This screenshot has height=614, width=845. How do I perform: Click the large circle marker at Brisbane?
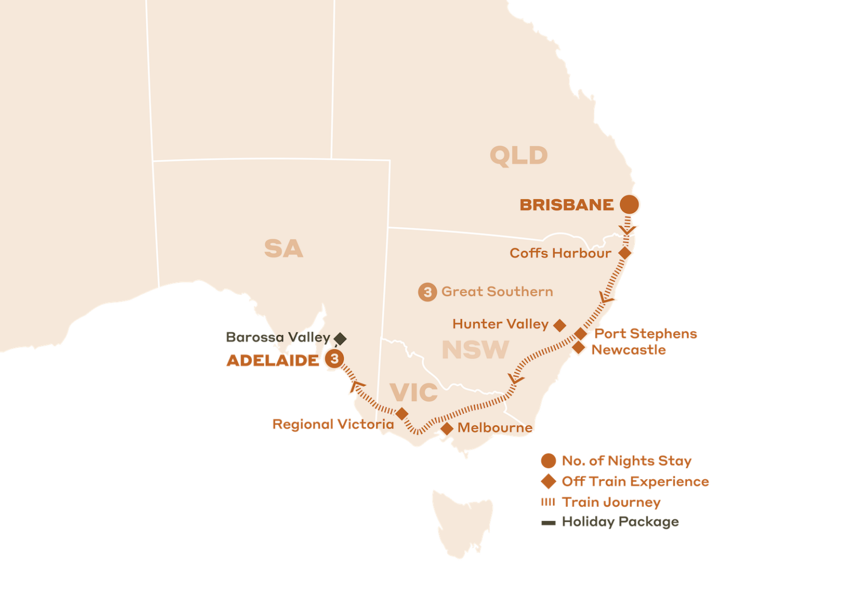(x=629, y=204)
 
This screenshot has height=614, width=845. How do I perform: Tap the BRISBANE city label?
(x=567, y=205)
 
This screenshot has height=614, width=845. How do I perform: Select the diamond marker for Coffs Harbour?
(x=625, y=253)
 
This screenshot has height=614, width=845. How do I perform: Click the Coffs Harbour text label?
(x=560, y=253)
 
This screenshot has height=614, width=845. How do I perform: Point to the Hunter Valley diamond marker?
(x=559, y=325)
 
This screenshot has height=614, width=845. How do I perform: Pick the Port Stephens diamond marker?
(x=580, y=334)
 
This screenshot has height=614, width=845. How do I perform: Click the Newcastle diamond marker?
(x=578, y=348)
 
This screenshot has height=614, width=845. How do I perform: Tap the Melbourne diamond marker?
(x=447, y=428)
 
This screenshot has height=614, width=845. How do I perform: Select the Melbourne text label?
(x=495, y=427)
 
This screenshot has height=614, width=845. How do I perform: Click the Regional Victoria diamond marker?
(x=402, y=414)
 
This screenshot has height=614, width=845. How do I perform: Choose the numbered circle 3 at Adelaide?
(x=334, y=359)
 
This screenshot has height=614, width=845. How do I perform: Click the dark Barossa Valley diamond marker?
(x=341, y=338)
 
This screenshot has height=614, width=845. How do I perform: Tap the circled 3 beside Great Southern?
(x=427, y=292)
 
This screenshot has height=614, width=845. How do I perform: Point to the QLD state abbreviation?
(x=518, y=156)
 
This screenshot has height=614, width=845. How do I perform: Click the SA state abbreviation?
(x=283, y=249)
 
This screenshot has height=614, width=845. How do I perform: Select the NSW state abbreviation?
(x=475, y=350)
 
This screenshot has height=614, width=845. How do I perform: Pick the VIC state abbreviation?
(x=414, y=392)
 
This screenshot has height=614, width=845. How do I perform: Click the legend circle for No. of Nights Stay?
(x=548, y=460)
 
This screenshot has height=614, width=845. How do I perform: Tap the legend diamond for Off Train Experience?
(x=548, y=481)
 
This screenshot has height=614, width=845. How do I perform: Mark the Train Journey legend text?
(x=611, y=502)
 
